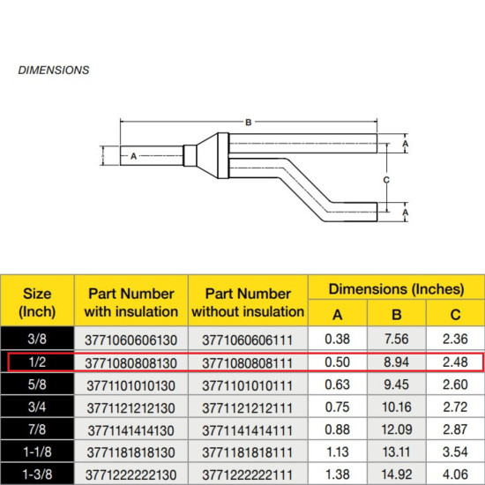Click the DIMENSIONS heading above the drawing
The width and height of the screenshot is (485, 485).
tap(53, 69)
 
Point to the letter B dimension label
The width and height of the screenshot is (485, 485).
tap(249, 122)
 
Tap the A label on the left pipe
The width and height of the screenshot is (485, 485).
tap(133, 156)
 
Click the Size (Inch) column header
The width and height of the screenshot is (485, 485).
tap(35, 302)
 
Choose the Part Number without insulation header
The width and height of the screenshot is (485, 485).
tap(250, 302)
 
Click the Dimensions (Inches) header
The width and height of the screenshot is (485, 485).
tap(396, 288)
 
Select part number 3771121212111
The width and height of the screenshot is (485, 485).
tap(250, 407)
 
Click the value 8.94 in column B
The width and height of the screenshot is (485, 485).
tap(396, 362)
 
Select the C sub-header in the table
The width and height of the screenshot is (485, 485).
tap(454, 315)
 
